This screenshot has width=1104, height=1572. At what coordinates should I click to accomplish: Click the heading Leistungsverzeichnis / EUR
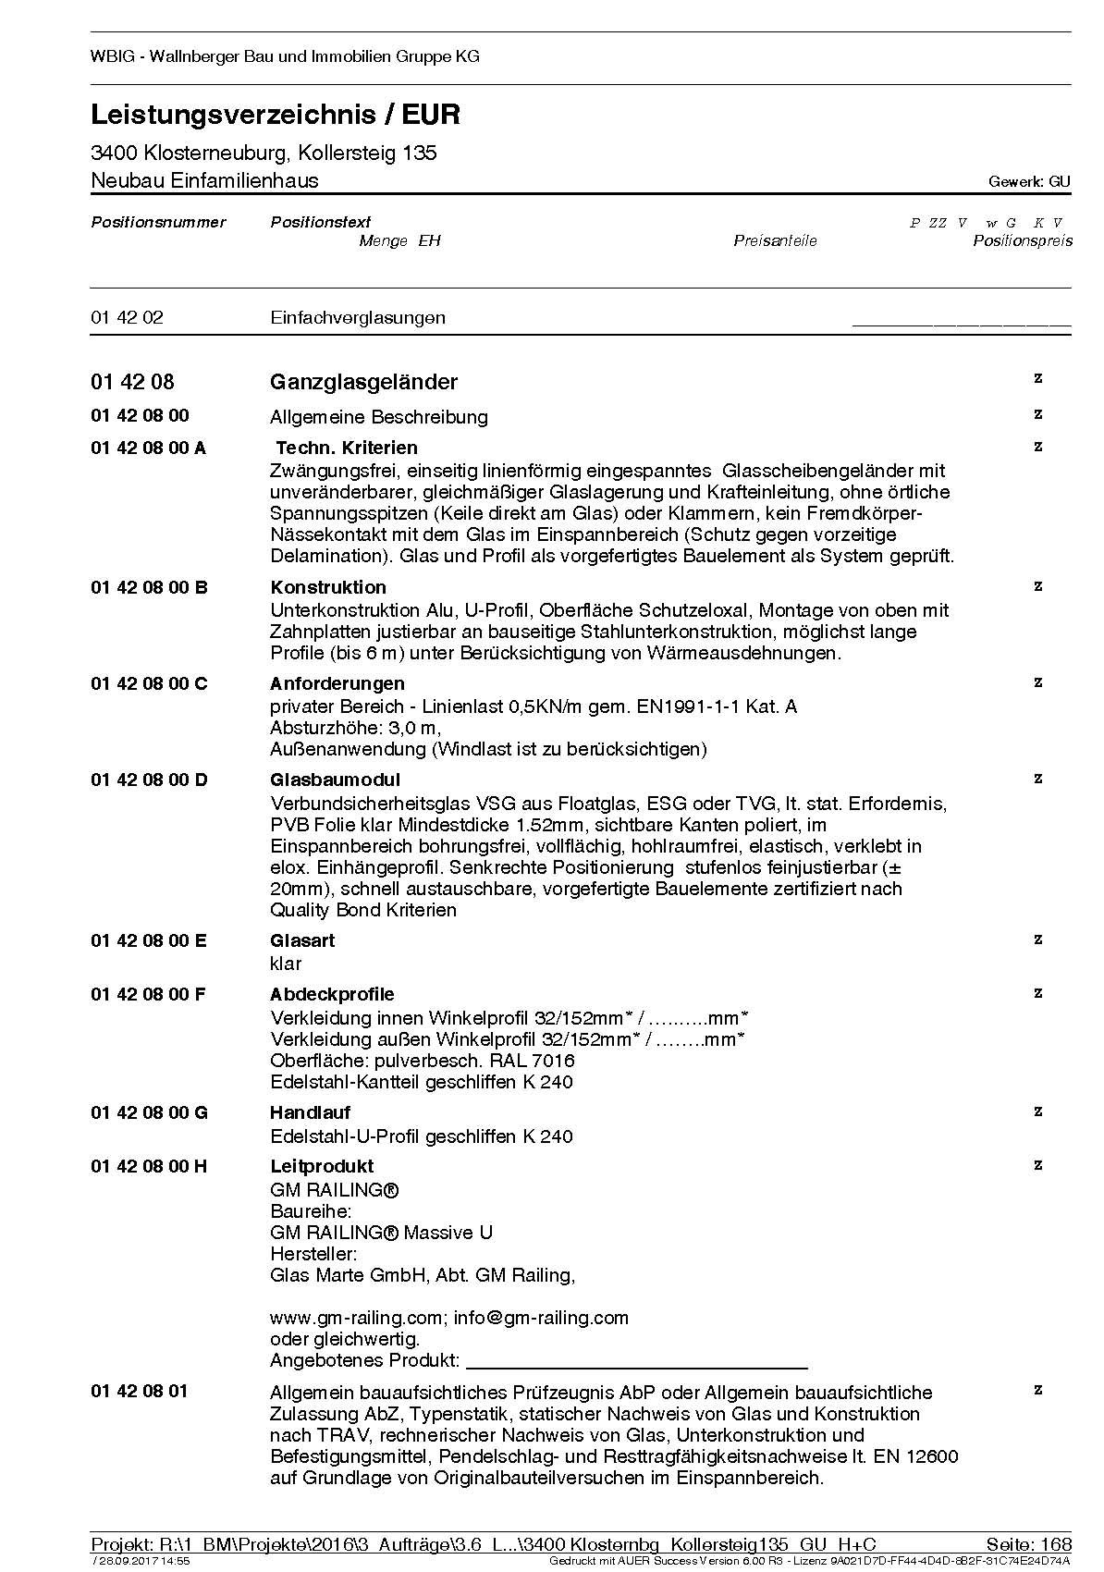276,115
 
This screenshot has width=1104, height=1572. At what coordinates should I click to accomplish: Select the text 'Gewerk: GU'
1029,182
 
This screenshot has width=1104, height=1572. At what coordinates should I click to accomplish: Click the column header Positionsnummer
158,222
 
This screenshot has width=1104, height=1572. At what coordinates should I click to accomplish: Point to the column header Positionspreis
1022,241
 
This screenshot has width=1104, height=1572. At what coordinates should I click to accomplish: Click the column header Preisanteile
775,241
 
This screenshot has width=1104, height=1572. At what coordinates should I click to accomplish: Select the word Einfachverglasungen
358,317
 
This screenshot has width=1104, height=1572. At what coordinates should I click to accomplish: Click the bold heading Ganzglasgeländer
363,382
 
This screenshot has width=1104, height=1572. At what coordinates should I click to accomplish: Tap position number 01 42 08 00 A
148,448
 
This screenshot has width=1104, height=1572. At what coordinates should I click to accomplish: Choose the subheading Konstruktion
328,587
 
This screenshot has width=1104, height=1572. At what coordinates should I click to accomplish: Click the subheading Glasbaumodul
335,780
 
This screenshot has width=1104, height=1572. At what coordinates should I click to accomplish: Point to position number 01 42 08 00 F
148,994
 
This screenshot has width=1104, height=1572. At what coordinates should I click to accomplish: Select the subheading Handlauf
310,1112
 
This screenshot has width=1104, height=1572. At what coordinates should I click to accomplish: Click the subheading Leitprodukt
322,1166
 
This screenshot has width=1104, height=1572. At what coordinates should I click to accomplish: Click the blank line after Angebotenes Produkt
636,1362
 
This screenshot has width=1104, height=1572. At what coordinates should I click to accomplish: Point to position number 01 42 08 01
139,1392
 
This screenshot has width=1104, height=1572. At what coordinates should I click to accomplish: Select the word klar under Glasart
286,964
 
